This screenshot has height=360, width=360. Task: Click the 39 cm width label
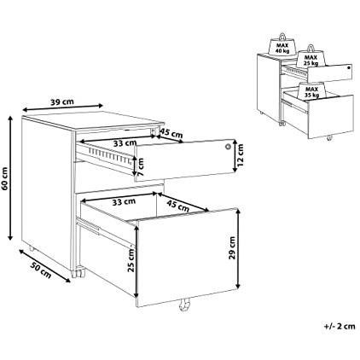(x=62, y=102)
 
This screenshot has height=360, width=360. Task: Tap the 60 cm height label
(x=5, y=178)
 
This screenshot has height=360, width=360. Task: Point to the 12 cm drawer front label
(x=241, y=155)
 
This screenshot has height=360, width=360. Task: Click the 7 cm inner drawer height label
(x=141, y=166)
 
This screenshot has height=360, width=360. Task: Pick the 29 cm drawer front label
(x=233, y=247)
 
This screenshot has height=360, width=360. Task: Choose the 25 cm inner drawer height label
(x=131, y=260)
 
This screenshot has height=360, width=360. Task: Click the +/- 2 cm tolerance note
(x=340, y=326)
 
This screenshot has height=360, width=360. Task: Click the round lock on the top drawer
(x=228, y=147)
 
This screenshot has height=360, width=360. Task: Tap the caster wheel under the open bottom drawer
(x=184, y=305)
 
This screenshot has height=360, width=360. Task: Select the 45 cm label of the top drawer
(x=171, y=133)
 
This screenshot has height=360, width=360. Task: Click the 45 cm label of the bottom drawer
(x=177, y=206)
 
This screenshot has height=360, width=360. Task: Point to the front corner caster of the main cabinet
(x=78, y=274)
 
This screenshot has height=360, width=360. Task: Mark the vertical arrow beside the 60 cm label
(x=10, y=178)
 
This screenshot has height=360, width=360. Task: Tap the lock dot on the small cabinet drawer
(x=349, y=67)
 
